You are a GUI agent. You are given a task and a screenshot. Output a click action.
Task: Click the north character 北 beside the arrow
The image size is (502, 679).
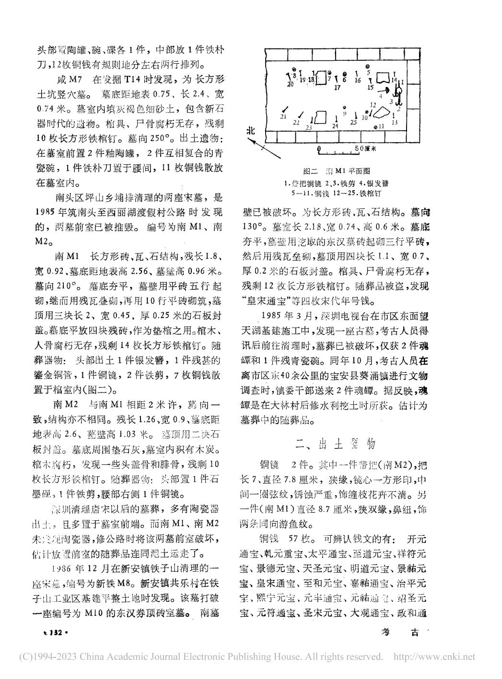[250, 130]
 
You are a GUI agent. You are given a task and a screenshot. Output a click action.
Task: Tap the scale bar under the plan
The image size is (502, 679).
[339, 149]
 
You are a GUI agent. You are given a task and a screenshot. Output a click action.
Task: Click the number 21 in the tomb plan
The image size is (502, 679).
[283, 116]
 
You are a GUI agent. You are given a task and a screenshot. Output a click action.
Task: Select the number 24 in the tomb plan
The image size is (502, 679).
[336, 126]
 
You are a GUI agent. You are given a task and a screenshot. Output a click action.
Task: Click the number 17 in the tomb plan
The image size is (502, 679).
[337, 88]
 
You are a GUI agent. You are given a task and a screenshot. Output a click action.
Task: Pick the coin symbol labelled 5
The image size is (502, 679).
[368, 67]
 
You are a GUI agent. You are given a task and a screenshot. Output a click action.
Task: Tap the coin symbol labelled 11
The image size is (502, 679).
[375, 127]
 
